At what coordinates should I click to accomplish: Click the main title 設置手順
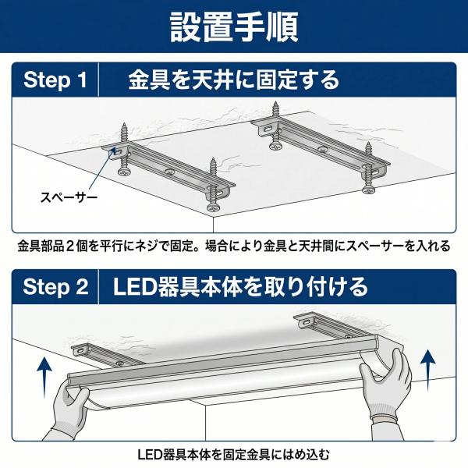coord(234,27)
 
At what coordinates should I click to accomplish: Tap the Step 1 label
coord(55,80)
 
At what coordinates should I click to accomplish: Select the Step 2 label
coord(56,287)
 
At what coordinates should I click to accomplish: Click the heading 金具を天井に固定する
coord(234,80)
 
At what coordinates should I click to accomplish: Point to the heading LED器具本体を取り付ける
coord(240,287)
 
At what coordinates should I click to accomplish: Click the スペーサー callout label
coord(69,197)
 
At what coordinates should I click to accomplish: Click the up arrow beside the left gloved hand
coord(44,378)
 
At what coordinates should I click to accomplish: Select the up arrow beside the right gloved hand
coord(427,370)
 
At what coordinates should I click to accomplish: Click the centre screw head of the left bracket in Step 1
coord(170,172)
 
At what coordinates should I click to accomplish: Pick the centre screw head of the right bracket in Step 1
coord(322,149)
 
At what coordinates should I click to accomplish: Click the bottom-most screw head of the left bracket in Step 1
coord(213,207)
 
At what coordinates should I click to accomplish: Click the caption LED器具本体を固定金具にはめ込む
coord(233,455)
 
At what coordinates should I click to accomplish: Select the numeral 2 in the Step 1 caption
coord(70,246)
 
